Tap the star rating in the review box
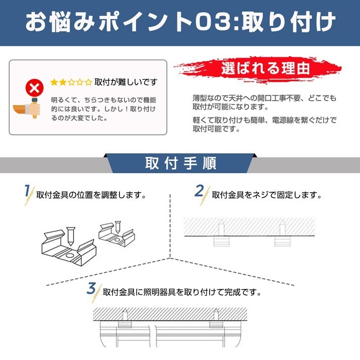(72, 82)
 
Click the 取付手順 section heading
(180, 163)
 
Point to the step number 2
(199, 191)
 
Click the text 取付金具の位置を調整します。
(91, 195)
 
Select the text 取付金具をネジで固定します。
(266, 195)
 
